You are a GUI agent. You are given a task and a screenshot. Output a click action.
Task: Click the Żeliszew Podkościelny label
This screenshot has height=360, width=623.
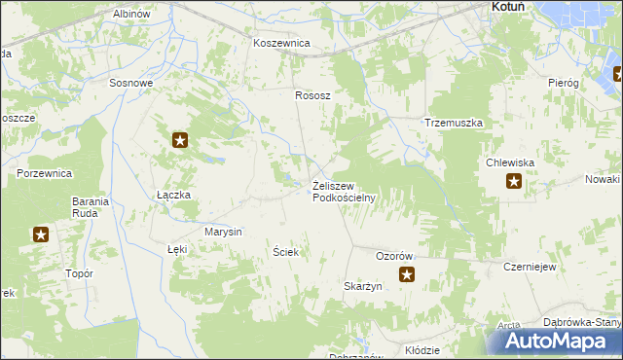tap(344, 191)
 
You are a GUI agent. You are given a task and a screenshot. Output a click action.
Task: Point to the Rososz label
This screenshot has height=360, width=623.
tap(313, 95)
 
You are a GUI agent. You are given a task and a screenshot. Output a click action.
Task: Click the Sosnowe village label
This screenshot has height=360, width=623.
tap(131, 83)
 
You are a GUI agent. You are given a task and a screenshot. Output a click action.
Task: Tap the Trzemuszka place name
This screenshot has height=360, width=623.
tap(455, 124)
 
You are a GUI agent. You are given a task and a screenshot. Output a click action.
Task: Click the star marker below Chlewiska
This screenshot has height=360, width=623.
tap(514, 181)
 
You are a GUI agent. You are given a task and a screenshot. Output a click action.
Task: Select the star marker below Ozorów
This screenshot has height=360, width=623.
tap(407, 275)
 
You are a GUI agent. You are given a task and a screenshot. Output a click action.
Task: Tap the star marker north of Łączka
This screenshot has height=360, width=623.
tap(181, 141)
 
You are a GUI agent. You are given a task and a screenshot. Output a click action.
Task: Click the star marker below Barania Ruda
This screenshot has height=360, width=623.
tap(41, 234)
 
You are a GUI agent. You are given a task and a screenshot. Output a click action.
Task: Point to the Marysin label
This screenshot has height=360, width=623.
tap(223, 232)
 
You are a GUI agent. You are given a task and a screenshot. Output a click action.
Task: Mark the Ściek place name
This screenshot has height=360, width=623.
tap(285, 252)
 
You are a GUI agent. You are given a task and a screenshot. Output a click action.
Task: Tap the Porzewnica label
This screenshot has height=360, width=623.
tap(45, 173)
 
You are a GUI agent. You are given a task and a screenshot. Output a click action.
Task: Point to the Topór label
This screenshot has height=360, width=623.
tap(79, 274)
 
